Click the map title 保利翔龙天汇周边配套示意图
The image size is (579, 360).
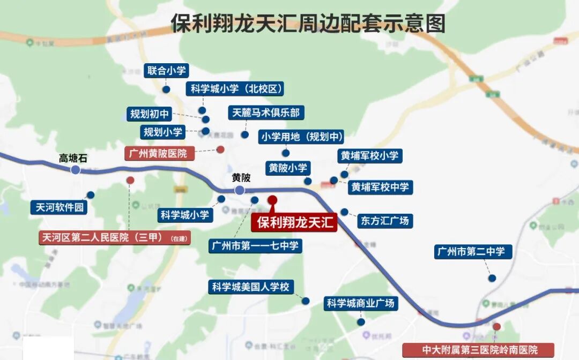pos(308,24)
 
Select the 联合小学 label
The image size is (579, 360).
pos(167,71)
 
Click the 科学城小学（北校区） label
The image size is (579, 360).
pos(236,89)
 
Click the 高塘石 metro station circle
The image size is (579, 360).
pos(76,170)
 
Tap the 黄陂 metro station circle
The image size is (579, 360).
pos(240,190)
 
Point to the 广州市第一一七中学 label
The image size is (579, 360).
pos(255,246)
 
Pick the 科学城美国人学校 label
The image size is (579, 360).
pos(251,287)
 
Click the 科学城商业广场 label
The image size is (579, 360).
pos(361,303)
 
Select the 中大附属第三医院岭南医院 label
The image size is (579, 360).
pos(479,350)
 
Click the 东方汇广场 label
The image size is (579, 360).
pos(384,220)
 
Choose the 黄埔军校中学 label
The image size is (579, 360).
pos(380,187)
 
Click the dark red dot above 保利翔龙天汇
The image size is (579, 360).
pos(272,200)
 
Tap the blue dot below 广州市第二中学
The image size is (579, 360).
pos(492,278)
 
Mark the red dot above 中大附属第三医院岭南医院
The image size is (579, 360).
pos(497,326)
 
